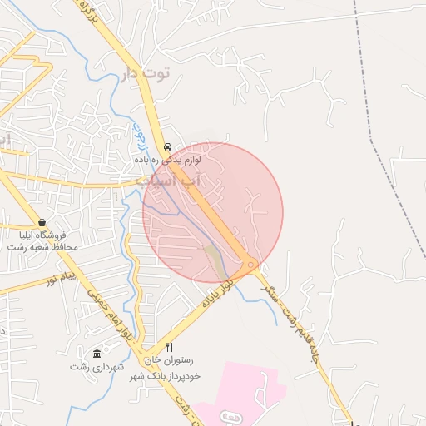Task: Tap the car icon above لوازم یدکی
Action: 167,142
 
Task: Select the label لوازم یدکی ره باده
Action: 166,157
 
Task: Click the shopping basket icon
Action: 42,222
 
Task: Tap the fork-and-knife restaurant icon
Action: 170,347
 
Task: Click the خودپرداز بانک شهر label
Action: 166,376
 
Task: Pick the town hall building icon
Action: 97,353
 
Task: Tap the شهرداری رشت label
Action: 97,367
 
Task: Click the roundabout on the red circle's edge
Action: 251,265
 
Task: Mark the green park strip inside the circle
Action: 215,261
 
